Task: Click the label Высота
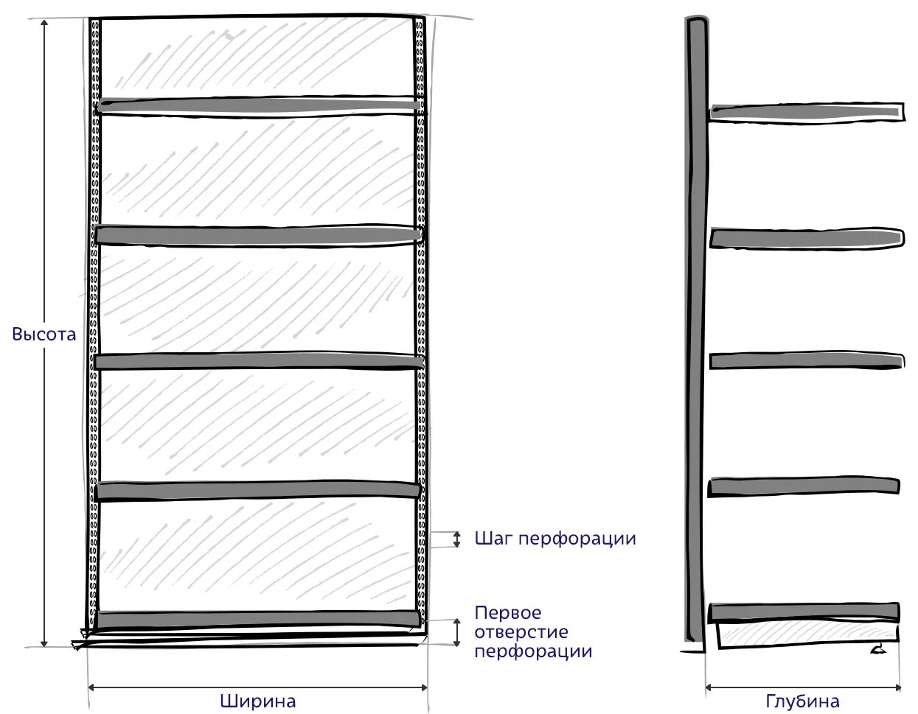tap(44, 334)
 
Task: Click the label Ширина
tap(258, 700)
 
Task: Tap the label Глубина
tap(803, 700)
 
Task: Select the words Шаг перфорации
tap(555, 539)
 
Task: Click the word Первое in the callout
tap(508, 613)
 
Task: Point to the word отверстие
tap(521, 632)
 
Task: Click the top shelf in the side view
tap(806, 112)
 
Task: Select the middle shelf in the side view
tap(806, 361)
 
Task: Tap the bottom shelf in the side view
tap(804, 612)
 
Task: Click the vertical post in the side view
tap(695, 332)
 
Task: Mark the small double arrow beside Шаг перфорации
tap(456, 539)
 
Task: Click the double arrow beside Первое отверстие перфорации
tap(456, 631)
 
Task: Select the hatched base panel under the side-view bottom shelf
tap(807, 634)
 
